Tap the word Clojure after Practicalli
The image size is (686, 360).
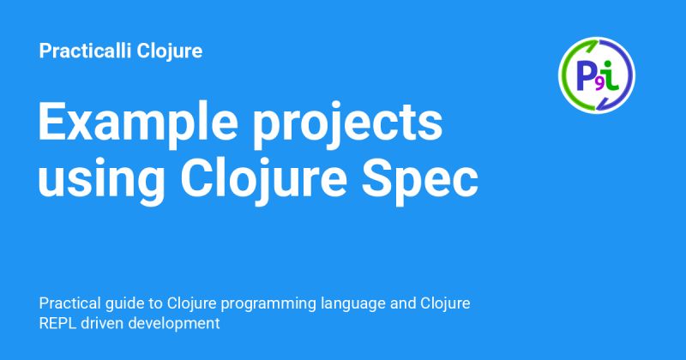171,51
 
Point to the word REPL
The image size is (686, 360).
57,324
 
